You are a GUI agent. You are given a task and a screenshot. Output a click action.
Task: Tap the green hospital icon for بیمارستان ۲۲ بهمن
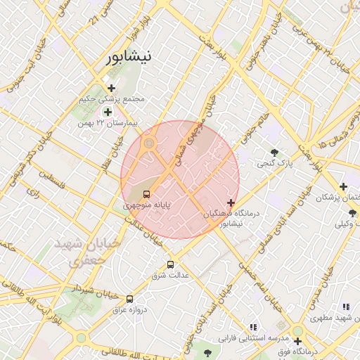108,112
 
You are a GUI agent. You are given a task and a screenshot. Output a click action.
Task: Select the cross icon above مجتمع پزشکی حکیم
111,88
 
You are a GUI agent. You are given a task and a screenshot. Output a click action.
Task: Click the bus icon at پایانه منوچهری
147,194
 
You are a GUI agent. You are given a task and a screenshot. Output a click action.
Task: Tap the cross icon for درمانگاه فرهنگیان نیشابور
231,202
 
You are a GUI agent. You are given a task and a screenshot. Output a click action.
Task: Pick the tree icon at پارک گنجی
274,153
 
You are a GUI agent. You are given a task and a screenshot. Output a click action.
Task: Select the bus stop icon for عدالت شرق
170,265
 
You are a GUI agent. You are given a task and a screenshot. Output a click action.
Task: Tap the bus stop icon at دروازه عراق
129,298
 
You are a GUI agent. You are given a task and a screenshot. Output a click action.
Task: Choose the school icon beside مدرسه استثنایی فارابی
254,327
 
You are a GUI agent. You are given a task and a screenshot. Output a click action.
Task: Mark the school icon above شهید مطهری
345,307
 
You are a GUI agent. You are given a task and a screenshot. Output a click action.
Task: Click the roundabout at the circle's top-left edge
148,144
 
